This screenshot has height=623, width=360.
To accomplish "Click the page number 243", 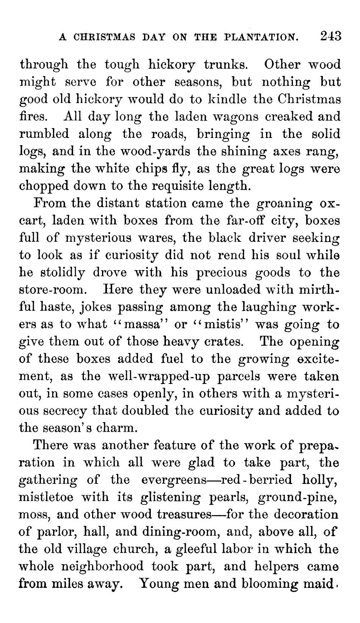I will tap(330, 36).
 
